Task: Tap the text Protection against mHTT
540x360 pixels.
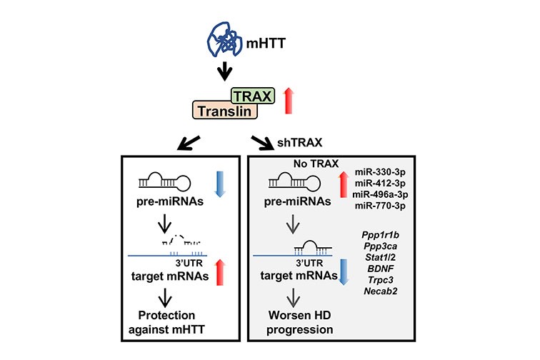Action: tap(170, 321)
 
